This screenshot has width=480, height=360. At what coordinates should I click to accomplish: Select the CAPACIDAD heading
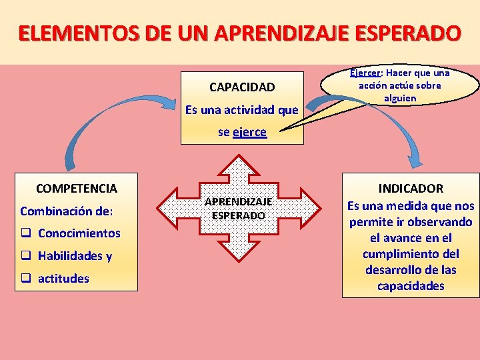coord(241,87)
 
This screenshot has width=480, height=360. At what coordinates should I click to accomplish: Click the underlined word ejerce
coord(250,132)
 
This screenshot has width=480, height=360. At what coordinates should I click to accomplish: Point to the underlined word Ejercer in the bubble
coord(365,73)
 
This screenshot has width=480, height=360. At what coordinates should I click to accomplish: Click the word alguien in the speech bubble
coord(400,98)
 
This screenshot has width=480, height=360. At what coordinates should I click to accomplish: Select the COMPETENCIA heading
coord(76,189)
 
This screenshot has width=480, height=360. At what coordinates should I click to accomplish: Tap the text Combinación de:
coord(67,211)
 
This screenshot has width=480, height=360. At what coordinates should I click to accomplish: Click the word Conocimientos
coord(79,233)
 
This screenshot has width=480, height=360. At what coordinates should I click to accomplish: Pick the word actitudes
coord(63,279)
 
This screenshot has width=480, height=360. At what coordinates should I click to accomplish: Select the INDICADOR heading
coord(411,189)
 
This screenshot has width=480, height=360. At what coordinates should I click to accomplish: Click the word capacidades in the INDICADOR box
coord(411,286)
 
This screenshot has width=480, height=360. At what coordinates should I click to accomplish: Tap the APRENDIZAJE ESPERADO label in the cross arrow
coord(238,208)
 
